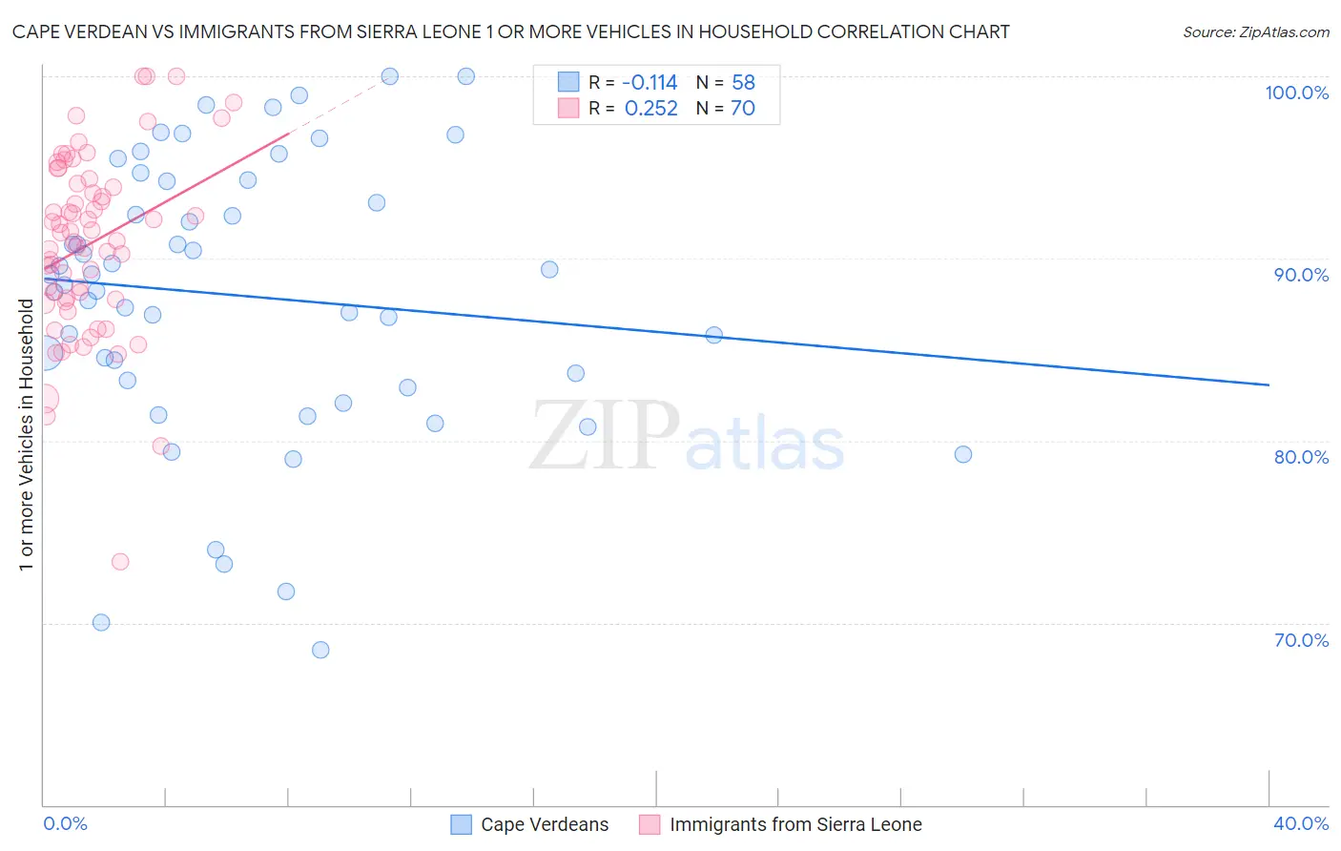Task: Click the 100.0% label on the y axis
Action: tap(1296, 93)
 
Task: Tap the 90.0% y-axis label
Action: tap(1301, 275)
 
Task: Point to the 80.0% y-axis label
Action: tap(1301, 457)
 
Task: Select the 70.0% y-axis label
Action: tap(1301, 640)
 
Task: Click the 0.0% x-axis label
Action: tap(65, 823)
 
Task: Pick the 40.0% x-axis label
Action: tap(1301, 823)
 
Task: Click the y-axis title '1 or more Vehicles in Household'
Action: tap(26, 435)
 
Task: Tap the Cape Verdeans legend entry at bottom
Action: tap(544, 824)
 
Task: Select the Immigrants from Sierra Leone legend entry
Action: tap(794, 824)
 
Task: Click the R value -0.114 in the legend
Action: tap(650, 82)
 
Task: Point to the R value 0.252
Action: tap(650, 109)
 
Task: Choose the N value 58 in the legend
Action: tap(743, 82)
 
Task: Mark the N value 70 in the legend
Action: tap(743, 109)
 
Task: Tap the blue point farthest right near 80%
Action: tap(963, 454)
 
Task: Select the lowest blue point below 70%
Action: tap(320, 650)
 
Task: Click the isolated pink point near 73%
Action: tap(120, 561)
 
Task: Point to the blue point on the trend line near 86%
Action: tap(714, 335)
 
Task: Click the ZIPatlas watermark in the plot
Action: tap(687, 437)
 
